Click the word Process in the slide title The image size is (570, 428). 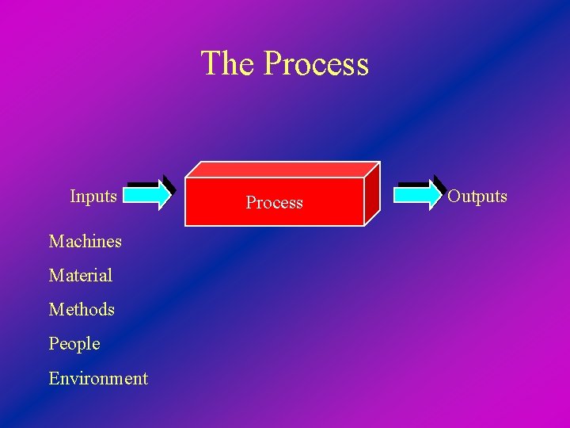point(316,64)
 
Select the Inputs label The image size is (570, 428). point(93,196)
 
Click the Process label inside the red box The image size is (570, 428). point(274,203)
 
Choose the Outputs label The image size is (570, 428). point(477,196)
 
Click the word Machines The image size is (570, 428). point(85,241)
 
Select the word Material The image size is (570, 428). point(81,275)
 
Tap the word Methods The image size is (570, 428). point(82,309)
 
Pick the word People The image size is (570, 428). point(74,343)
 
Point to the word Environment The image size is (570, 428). point(98,378)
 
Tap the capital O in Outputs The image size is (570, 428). point(454,196)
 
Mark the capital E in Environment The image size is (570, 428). point(54,378)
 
